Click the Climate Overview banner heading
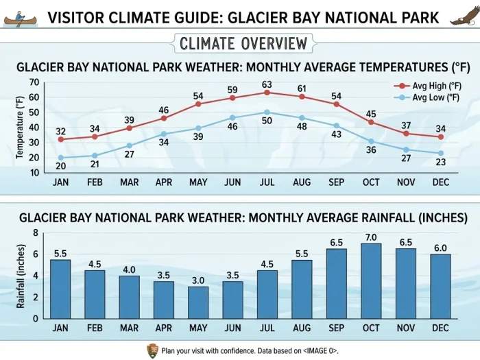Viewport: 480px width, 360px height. [x=243, y=44]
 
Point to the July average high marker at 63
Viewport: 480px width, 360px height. [x=267, y=93]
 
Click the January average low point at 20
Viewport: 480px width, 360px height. [x=61, y=158]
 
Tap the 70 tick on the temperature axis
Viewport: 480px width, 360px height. [x=35, y=82]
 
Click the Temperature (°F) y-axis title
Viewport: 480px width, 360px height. [x=19, y=128]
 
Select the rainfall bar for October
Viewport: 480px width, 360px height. [x=371, y=280]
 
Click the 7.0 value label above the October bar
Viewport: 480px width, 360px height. [x=371, y=237]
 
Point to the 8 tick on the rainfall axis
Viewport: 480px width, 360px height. [x=36, y=233]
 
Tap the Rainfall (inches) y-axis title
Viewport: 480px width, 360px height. [x=20, y=276]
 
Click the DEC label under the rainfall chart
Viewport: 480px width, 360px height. [x=440, y=328]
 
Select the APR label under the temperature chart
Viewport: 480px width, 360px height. [x=164, y=183]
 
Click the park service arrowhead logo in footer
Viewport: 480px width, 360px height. [x=152, y=351]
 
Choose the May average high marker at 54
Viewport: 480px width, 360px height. [x=198, y=104]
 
